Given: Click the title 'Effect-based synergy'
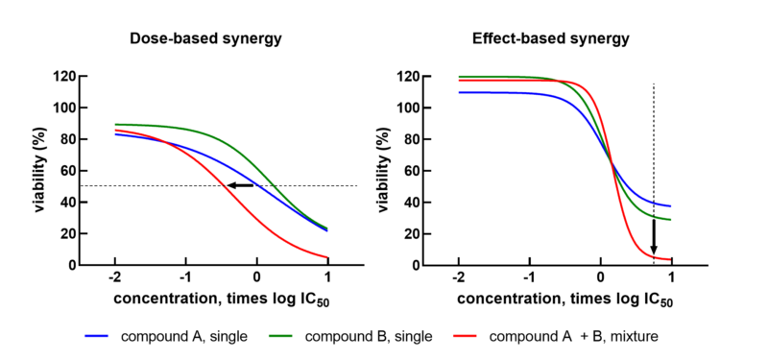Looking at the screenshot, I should click(x=550, y=39).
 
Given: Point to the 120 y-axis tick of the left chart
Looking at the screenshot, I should click(x=63, y=77).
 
